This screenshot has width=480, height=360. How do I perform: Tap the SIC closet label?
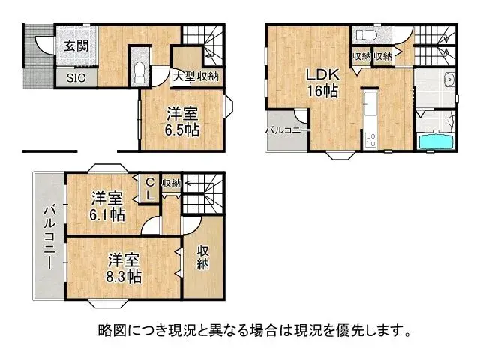pyautogui.click(x=76, y=76)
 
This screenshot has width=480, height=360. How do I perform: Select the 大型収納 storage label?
pyautogui.click(x=196, y=76)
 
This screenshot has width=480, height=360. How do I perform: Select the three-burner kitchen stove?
pyautogui.click(x=370, y=139)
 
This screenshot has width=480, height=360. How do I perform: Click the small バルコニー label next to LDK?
pyautogui.click(x=283, y=130)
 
